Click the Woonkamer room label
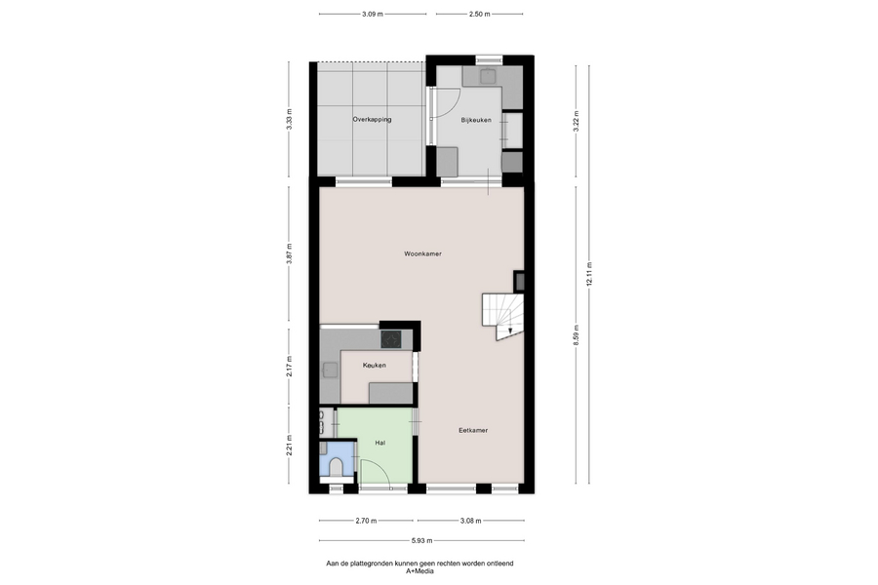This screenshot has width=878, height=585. tap(422, 253)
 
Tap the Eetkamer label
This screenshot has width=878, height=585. tap(473, 431)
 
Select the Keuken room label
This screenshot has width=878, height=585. tap(374, 366)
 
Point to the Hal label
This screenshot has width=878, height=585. tap(380, 443)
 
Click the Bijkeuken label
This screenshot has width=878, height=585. tap(476, 120)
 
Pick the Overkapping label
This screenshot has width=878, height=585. tap(372, 119)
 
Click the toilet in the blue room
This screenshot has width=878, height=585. tap(337, 467)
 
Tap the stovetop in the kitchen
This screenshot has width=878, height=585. tap(391, 339)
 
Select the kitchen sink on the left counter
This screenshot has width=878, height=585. tap(330, 370)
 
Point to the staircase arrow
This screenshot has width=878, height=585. tap(510, 331)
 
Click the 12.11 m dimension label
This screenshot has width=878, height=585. tap(589, 274)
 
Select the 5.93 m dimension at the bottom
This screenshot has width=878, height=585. tap(421, 541)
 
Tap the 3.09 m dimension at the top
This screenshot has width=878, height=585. tap(373, 14)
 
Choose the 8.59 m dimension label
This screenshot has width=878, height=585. tap(577, 335)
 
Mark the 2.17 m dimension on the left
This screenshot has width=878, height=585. tap(289, 367)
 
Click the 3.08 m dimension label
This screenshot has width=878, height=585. tap(471, 521)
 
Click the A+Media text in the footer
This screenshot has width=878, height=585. tap(419, 571)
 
